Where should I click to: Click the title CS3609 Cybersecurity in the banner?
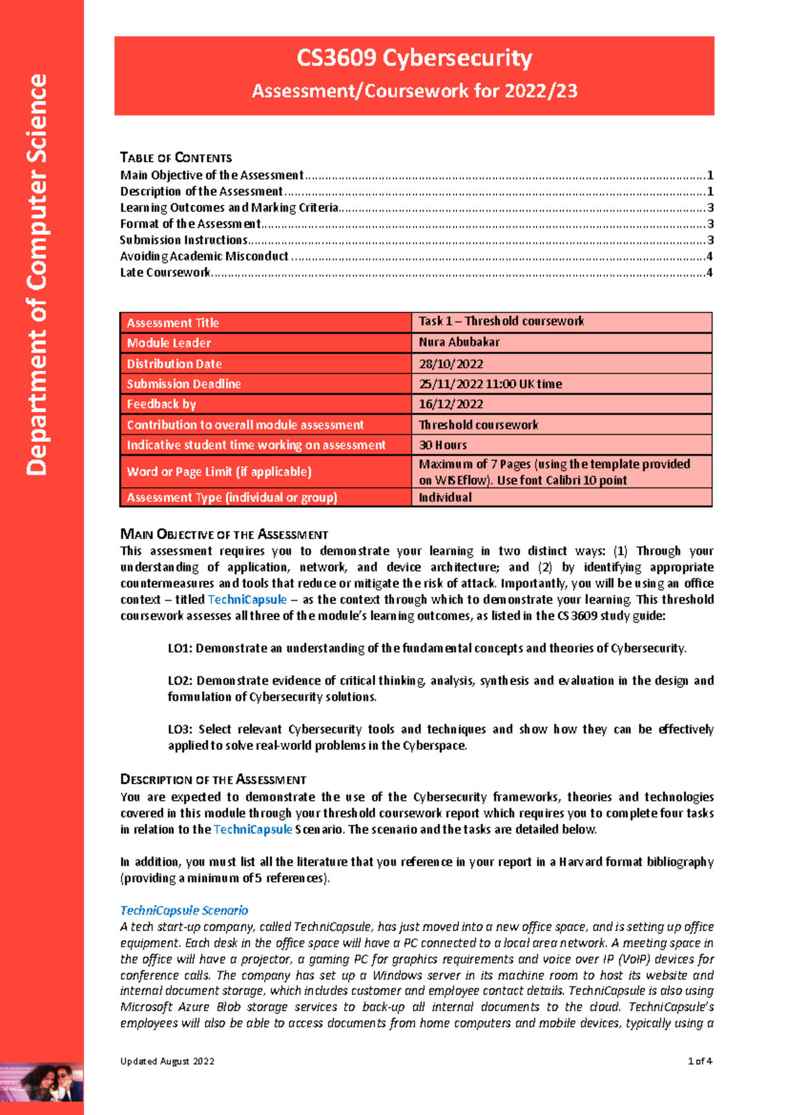(414, 58)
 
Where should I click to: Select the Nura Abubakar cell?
(459, 342)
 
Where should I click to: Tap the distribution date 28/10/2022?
(451, 364)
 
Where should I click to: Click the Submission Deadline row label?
(184, 384)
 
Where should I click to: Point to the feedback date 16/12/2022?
(451, 404)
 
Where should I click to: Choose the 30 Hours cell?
(443, 445)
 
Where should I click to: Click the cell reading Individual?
(445, 498)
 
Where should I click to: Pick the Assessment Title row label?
(173, 323)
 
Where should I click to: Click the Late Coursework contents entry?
(165, 273)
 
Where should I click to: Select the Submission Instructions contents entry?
(184, 240)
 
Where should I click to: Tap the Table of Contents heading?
(176, 158)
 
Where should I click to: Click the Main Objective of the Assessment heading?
(224, 535)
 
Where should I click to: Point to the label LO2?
(180, 681)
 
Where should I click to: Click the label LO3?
(180, 730)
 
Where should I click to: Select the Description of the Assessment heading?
(213, 780)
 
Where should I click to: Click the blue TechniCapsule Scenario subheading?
(184, 911)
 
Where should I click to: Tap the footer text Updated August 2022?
(167, 1061)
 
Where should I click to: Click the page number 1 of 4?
(699, 1061)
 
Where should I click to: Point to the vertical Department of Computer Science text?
(37, 274)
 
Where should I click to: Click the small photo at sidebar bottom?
(41, 1082)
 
